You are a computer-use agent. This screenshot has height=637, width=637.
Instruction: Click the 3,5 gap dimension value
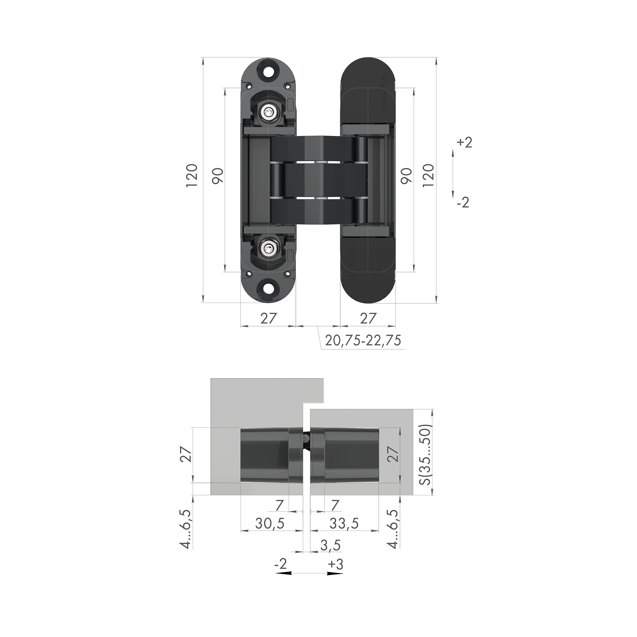[330, 555]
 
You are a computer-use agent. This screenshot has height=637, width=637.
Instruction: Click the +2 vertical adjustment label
[465, 143]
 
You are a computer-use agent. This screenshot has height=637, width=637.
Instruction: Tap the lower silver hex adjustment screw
[270, 247]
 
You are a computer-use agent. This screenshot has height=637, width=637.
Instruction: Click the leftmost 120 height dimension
[191, 175]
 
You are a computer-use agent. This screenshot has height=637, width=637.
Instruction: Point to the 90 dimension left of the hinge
[218, 175]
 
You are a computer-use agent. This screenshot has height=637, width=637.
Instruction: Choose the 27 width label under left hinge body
[268, 318]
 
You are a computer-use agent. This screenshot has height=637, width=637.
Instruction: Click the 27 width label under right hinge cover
[368, 318]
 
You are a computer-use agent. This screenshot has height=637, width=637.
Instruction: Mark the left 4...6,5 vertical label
[187, 529]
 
